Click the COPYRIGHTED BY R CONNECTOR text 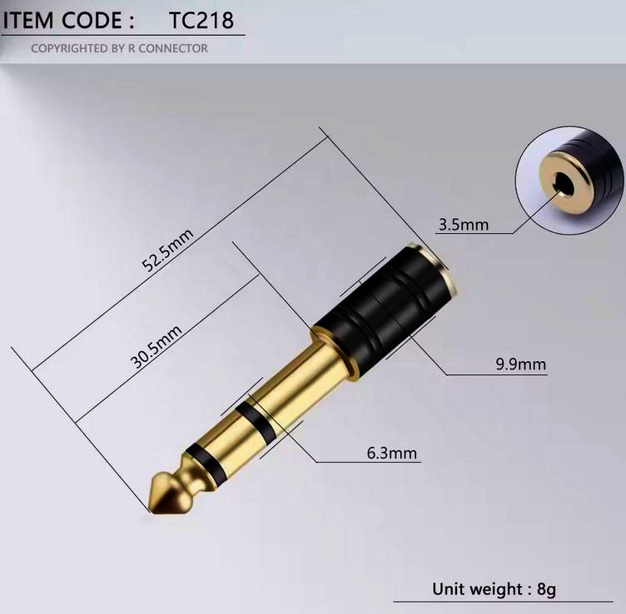click(119, 48)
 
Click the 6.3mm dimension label click(391, 453)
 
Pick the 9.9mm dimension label click(520, 364)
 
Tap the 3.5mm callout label click(463, 224)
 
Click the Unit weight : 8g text click(493, 589)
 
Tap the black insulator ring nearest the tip click(202, 458)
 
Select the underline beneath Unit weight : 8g click(508, 602)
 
